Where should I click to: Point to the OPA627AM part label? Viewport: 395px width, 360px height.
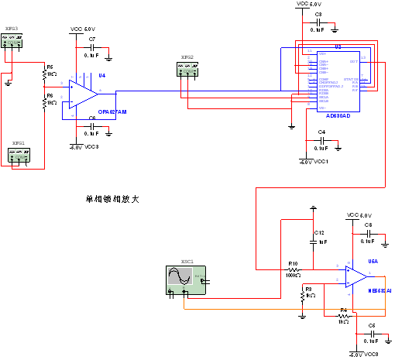pos(112,111)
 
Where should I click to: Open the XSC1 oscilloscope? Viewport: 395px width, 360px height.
pos(186,279)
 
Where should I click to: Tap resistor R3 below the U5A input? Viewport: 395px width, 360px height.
pos(302,293)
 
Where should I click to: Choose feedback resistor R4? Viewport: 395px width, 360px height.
pos(344,315)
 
